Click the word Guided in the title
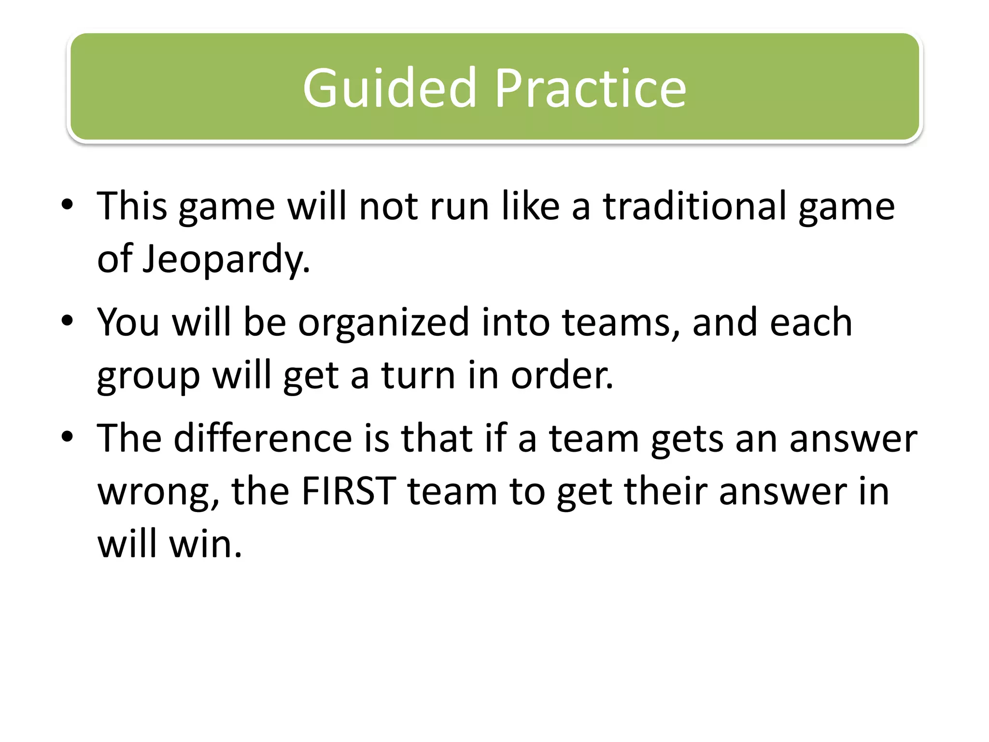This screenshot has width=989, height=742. coord(389,88)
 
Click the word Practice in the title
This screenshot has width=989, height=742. coord(590,88)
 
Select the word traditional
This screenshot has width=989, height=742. coord(694,206)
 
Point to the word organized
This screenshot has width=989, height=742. coord(383,323)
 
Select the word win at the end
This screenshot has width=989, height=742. coord(205,544)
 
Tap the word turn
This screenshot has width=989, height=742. coord(419,376)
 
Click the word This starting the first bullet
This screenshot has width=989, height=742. coord(132,206)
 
